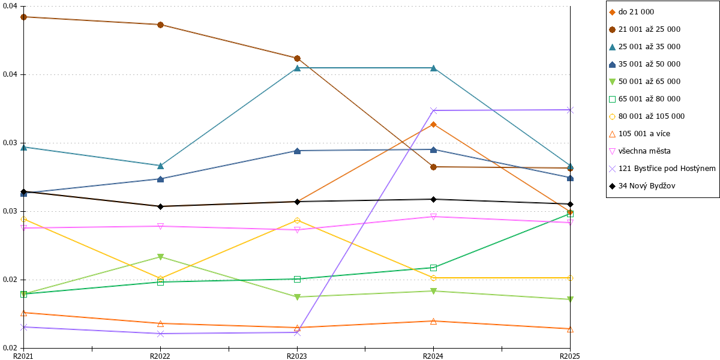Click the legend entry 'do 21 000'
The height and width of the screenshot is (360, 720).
(632, 12)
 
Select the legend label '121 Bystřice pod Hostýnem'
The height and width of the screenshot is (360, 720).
(662, 169)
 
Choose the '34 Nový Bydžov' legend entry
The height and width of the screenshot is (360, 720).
(642, 186)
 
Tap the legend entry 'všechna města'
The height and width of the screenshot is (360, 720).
(640, 151)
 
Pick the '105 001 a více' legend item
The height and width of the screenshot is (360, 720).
(640, 134)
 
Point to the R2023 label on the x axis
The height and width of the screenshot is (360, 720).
(296, 356)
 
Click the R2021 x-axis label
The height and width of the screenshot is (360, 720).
(23, 356)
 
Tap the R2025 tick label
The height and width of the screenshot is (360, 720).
(569, 356)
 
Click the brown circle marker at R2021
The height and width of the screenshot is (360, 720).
(23, 17)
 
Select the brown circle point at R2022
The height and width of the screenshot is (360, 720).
(160, 25)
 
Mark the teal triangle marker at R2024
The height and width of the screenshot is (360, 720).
(433, 68)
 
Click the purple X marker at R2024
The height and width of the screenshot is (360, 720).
(433, 111)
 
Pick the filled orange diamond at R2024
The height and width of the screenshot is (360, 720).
(433, 124)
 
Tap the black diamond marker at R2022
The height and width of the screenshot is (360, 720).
(160, 206)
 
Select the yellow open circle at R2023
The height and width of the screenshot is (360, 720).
(297, 221)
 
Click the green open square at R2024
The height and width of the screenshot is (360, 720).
(433, 268)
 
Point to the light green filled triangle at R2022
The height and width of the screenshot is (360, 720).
(160, 257)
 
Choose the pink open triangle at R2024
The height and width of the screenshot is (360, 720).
(433, 217)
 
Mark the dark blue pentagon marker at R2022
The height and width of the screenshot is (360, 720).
(160, 179)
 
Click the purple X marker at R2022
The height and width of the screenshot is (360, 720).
(160, 334)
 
